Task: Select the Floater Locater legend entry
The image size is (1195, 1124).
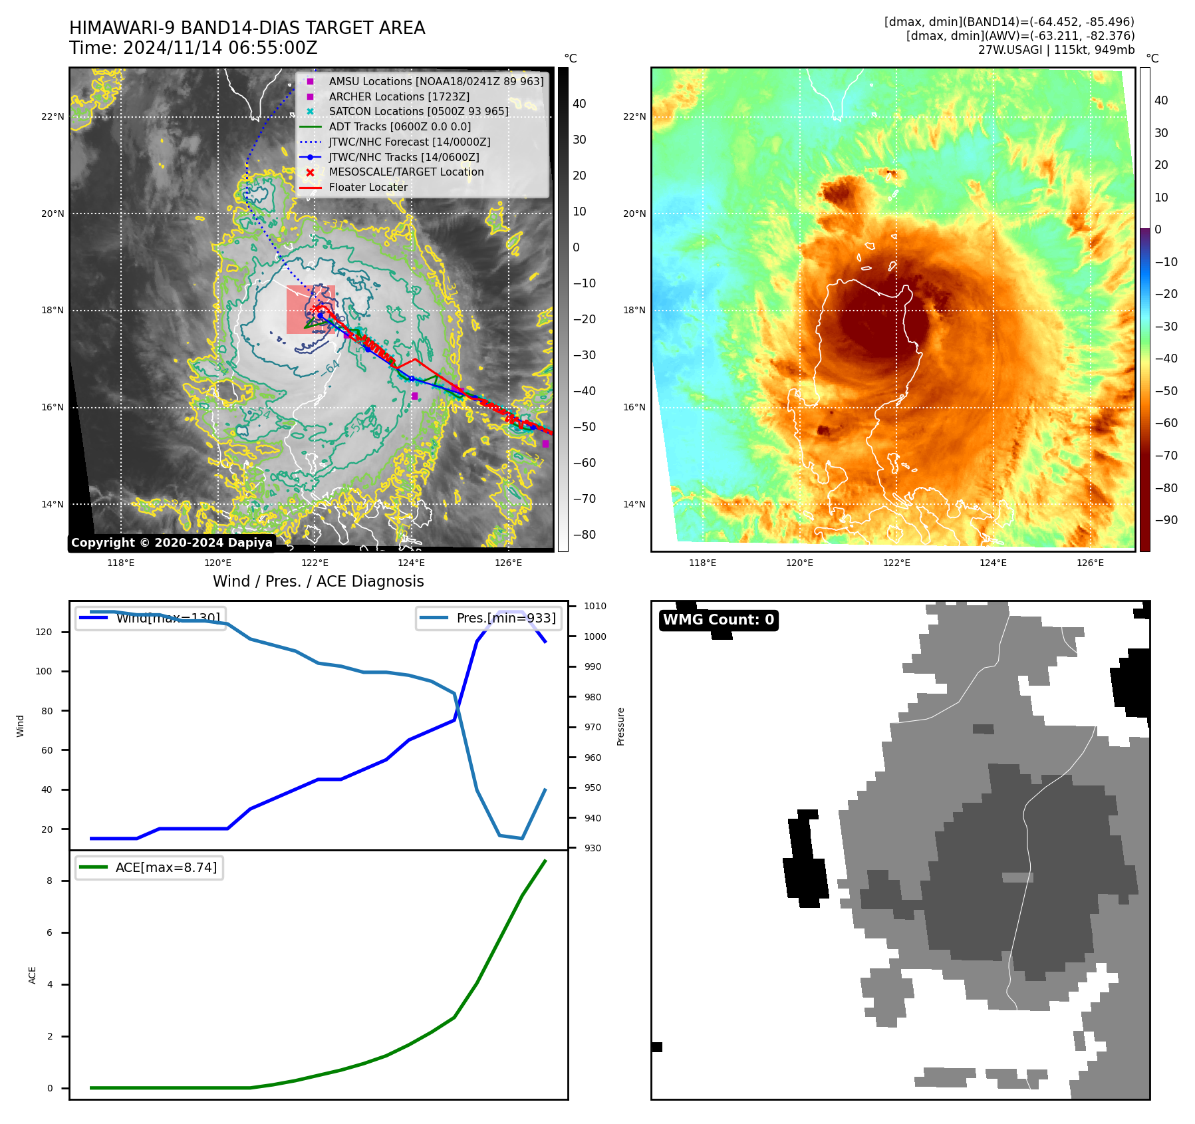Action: (x=368, y=187)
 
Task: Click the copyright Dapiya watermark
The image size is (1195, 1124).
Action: (x=172, y=543)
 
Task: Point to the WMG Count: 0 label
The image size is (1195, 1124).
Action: (x=718, y=620)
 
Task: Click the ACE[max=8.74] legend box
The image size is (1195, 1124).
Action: (x=150, y=867)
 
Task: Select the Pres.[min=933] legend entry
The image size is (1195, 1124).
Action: (x=489, y=618)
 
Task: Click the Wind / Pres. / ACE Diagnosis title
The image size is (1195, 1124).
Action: (x=318, y=581)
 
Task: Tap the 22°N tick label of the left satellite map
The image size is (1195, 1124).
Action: (x=53, y=116)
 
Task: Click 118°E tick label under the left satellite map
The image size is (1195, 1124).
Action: (x=120, y=563)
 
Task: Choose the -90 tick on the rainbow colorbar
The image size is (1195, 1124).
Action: (x=1166, y=520)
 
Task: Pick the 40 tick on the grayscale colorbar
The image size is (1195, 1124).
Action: (x=579, y=104)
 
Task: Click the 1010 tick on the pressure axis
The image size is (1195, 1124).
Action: (x=595, y=606)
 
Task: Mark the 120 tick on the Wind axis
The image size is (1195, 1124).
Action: (x=44, y=632)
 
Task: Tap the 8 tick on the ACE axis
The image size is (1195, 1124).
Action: (x=50, y=881)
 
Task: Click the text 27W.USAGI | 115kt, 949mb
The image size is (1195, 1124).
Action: (x=1056, y=50)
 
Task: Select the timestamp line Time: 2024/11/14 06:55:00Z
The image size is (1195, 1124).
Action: (x=193, y=49)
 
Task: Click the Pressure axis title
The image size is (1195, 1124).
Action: (x=620, y=726)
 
